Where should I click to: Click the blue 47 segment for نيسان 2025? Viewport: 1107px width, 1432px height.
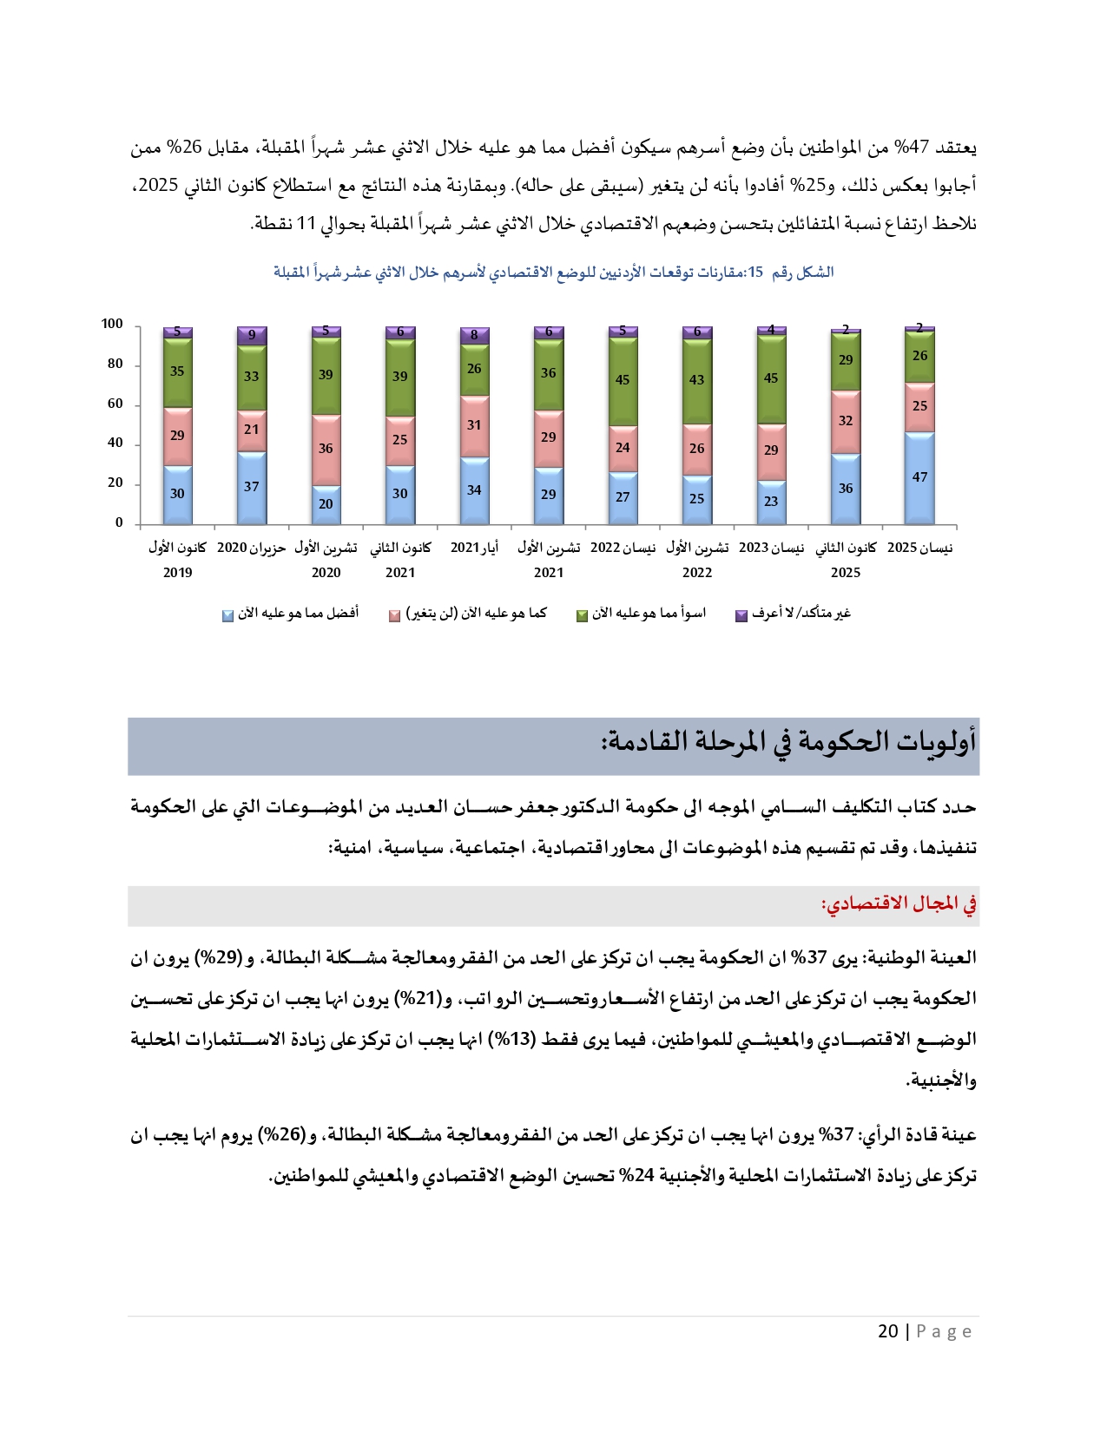[919, 477]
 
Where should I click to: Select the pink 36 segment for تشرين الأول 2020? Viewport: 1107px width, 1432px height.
[326, 449]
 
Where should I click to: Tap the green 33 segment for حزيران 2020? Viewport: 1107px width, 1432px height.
[252, 377]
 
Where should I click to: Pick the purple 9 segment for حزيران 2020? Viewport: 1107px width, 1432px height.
[252, 335]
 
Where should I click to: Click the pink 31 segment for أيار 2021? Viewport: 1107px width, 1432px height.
[474, 425]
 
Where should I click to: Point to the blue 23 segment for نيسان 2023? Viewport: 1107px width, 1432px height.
[771, 502]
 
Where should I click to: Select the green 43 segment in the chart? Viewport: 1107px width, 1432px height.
[696, 380]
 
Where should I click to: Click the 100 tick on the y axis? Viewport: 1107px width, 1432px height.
[112, 324]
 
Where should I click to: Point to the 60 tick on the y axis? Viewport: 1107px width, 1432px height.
[115, 404]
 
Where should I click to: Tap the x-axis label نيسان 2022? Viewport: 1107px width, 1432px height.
[623, 548]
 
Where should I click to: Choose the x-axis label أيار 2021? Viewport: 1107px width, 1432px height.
[474, 548]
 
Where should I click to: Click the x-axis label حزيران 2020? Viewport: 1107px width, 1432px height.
[251, 548]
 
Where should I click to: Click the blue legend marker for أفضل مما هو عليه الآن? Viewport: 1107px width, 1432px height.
[227, 615]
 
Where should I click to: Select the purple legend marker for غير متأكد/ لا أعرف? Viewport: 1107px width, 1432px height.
[741, 615]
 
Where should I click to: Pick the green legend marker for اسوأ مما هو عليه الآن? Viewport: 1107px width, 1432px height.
[582, 615]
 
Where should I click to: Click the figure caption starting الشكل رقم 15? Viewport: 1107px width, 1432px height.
[553, 273]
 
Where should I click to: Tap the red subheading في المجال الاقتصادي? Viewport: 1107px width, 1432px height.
[899, 904]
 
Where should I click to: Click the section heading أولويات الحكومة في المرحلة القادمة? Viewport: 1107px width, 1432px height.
[788, 742]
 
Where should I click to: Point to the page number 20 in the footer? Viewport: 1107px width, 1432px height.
[887, 1331]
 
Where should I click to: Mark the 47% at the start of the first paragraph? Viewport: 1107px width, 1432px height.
[916, 148]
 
